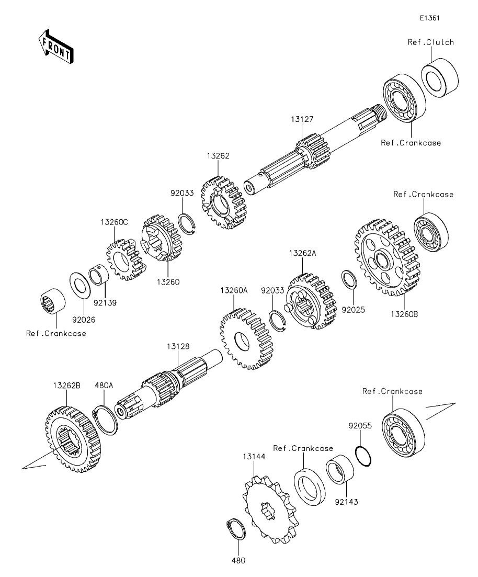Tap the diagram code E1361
[x=429, y=18]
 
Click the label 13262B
[x=66, y=385]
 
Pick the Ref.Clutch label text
[x=430, y=42]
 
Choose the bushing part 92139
[x=98, y=275]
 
